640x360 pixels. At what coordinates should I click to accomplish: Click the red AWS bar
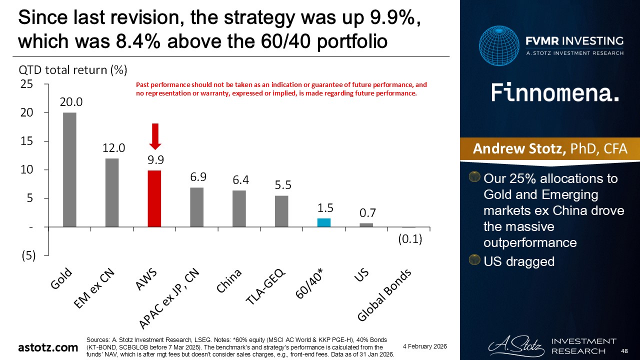(x=155, y=198)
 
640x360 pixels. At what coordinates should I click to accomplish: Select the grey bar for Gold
(x=69, y=169)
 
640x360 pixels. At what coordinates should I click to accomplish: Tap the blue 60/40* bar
(x=324, y=222)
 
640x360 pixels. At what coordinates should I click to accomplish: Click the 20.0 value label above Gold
(x=71, y=102)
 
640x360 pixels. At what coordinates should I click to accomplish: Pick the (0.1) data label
(x=410, y=239)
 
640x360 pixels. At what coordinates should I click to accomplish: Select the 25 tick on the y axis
(x=26, y=84)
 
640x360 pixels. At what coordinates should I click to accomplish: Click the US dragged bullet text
(x=519, y=261)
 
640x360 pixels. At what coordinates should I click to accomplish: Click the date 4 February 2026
(x=424, y=346)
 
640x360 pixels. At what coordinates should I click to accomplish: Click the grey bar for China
(x=239, y=208)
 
